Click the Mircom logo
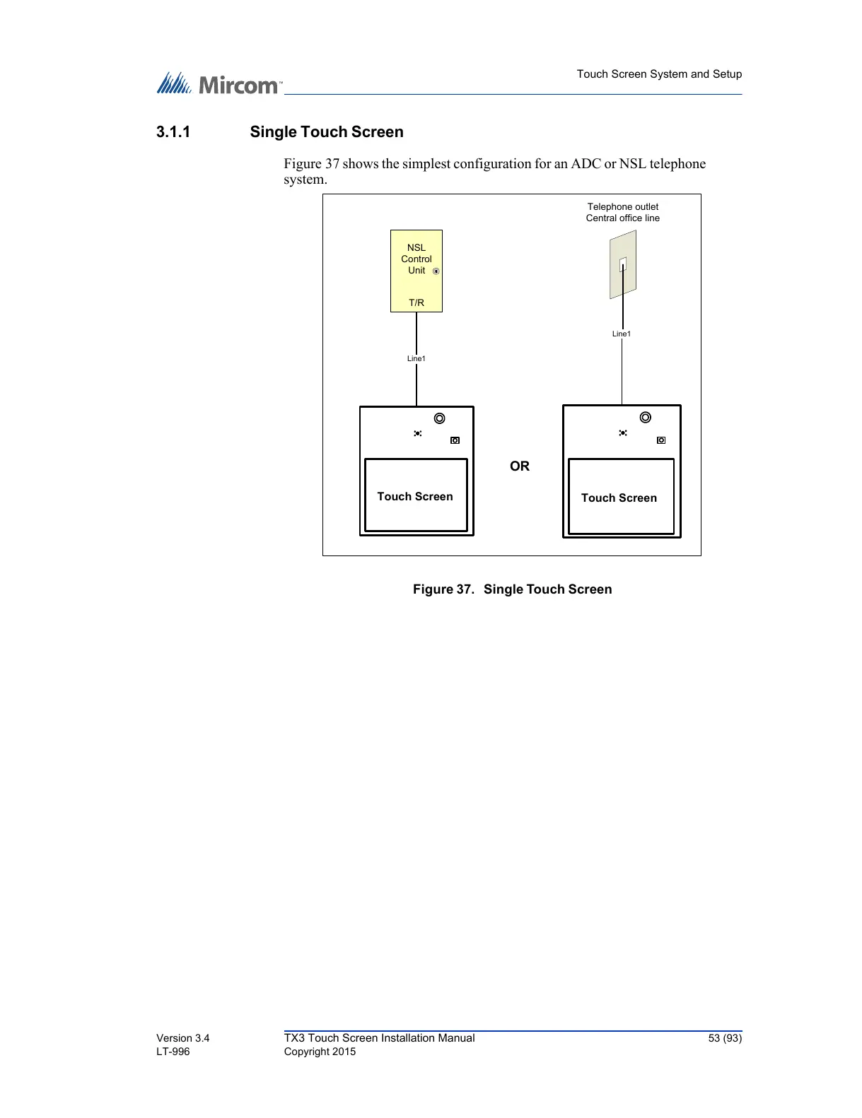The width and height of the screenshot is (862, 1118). [x=219, y=84]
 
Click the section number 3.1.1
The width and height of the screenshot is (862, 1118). [x=173, y=132]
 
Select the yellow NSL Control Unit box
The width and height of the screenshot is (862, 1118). [x=417, y=271]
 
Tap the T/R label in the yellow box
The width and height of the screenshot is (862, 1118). [x=417, y=302]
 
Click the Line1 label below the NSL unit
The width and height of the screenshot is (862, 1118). [x=417, y=358]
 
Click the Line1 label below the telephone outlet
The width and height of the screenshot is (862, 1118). [x=622, y=334]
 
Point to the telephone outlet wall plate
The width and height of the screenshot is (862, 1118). [x=623, y=266]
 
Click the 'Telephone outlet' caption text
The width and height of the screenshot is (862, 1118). [x=623, y=207]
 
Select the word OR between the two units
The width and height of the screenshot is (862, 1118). [x=520, y=466]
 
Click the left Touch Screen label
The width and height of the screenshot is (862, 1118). [x=415, y=497]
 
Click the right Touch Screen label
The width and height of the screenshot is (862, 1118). [x=619, y=498]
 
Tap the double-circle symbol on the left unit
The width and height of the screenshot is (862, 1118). [x=440, y=418]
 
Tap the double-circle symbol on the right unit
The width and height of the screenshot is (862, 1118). [x=646, y=418]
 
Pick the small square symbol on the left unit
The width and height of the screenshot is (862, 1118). [x=455, y=440]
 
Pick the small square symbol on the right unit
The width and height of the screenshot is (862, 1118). [x=661, y=440]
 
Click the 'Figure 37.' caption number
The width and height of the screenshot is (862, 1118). [x=443, y=589]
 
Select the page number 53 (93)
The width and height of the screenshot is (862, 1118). [x=725, y=1038]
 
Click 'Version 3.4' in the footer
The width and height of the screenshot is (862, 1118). [x=183, y=1038]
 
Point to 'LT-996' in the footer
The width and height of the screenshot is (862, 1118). [x=173, y=1052]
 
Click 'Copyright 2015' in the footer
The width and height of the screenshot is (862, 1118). [x=320, y=1052]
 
